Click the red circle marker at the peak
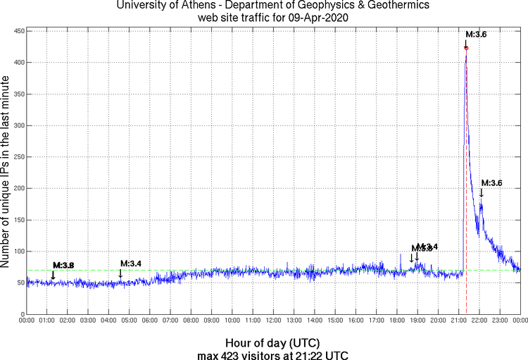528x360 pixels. click(x=466, y=48)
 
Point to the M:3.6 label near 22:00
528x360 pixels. click(x=491, y=183)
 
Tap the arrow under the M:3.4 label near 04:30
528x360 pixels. click(x=120, y=273)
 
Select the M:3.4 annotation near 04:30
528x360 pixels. click(x=131, y=263)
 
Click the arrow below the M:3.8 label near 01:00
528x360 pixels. click(x=54, y=275)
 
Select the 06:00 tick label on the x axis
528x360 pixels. click(x=150, y=321)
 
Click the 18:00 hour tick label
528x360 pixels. click(x=396, y=321)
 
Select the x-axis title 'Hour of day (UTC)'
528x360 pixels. click(x=272, y=342)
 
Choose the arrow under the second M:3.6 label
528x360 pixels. click(x=482, y=193)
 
